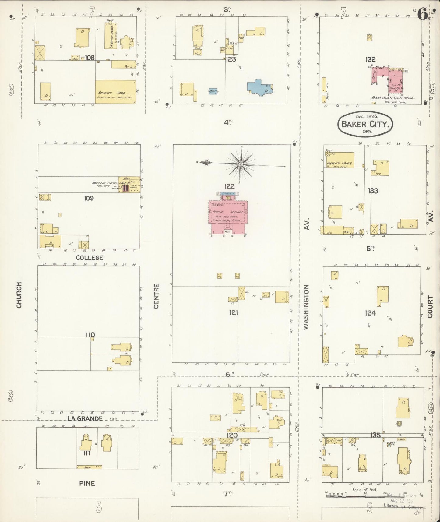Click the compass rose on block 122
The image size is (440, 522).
point(241,164)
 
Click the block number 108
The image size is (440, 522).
point(90,57)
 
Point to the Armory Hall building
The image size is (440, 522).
point(115,92)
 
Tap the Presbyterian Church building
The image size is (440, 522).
point(340,160)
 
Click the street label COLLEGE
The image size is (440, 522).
point(89,258)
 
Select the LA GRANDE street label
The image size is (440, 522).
point(85,418)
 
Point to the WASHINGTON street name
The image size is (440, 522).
point(306,307)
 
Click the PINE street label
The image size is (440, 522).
point(87,483)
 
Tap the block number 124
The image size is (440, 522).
point(370,313)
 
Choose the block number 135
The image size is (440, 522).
point(375,435)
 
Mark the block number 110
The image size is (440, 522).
point(90,335)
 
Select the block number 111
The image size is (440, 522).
point(87,453)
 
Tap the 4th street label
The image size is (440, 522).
point(228,122)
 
